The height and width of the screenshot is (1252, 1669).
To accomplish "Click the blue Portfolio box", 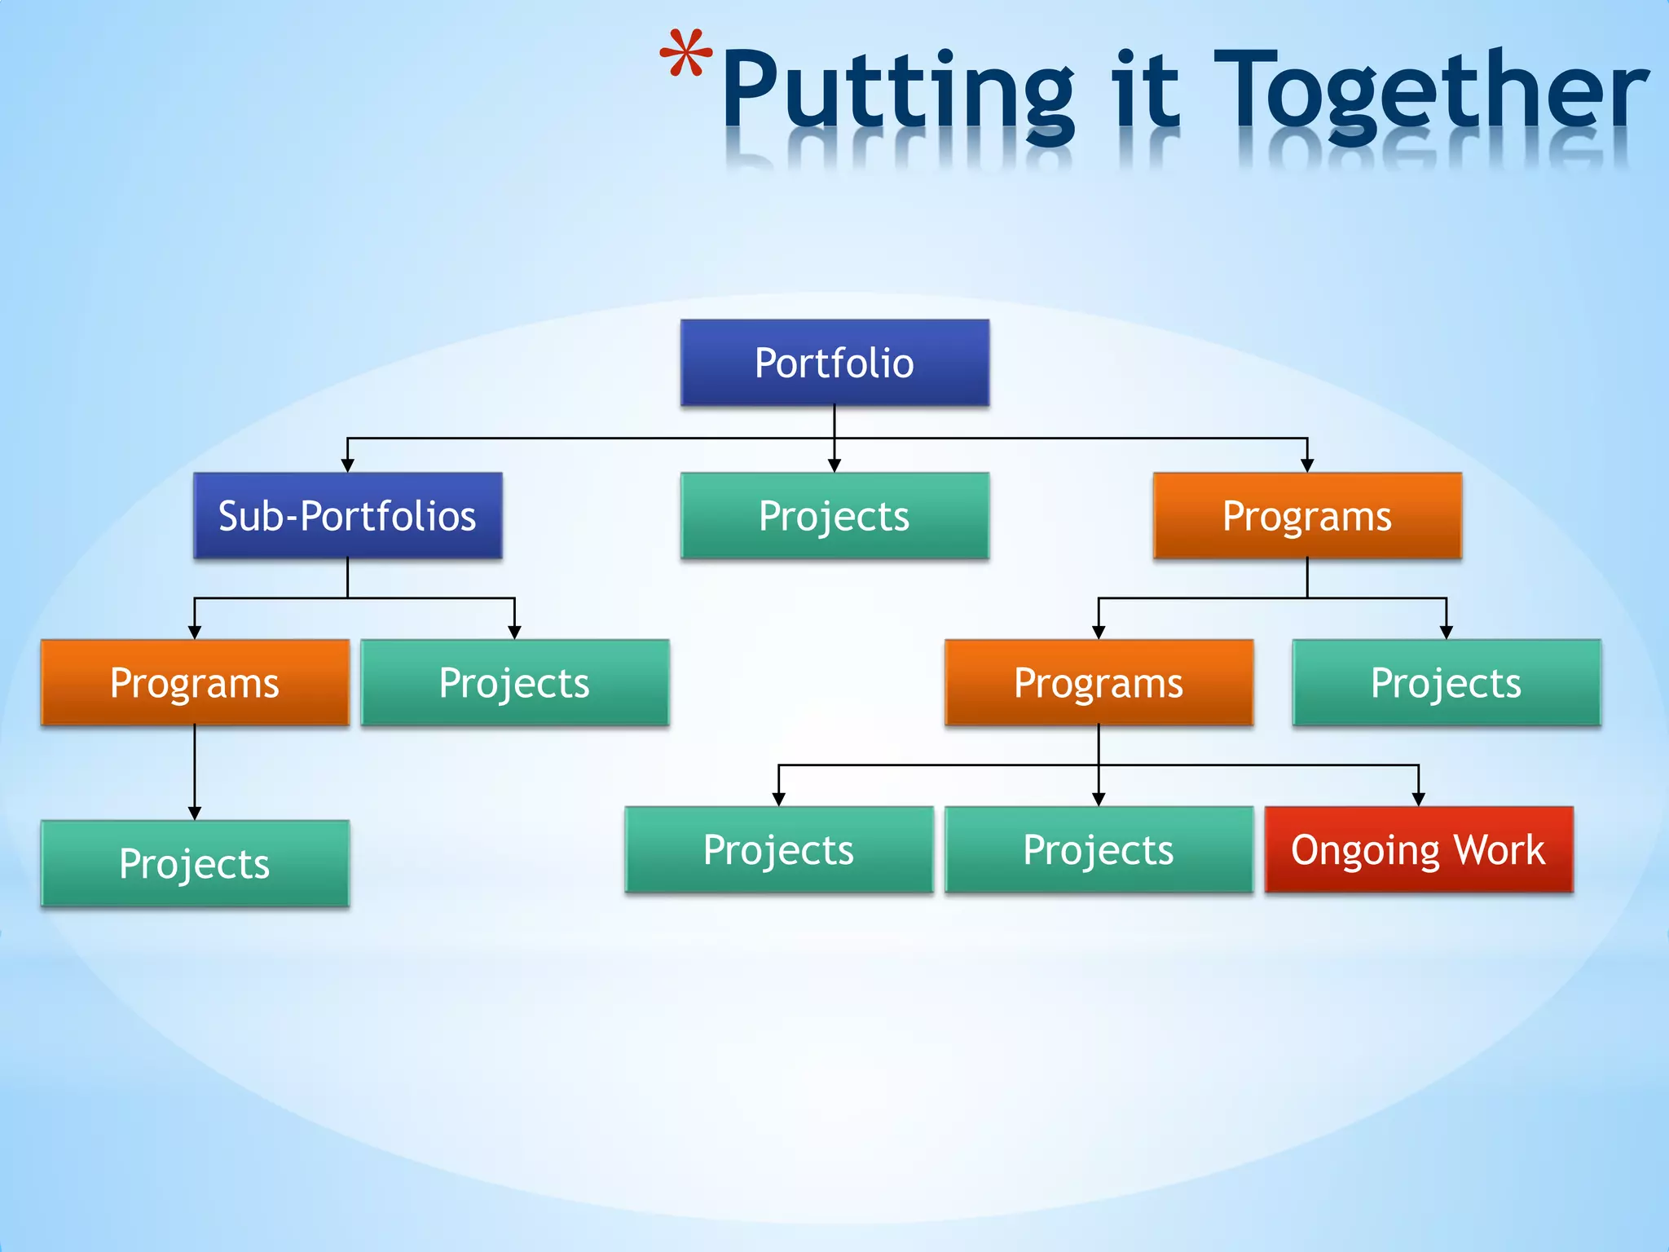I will coord(834,363).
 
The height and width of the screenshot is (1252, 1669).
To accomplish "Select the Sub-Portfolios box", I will coord(347,516).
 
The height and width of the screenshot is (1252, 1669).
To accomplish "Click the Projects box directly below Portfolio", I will coord(834,516).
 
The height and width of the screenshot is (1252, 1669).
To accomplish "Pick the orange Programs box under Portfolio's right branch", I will coord(1307,516).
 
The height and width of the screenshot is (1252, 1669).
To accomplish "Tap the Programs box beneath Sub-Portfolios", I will coord(195,683).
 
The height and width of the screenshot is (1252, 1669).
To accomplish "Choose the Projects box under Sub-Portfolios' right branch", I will coord(514,683).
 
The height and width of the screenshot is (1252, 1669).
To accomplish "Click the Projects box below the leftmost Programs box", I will coord(195,863).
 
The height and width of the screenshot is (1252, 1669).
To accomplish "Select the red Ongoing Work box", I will coord(1418,850).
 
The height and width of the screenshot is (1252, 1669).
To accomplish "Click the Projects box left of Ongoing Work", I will coord(1099,850).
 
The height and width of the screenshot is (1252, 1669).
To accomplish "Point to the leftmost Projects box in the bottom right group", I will coord(778,850).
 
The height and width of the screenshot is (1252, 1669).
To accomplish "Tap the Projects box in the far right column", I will coord(1446,683).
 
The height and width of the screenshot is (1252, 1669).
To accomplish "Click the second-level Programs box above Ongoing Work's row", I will coord(1099,683).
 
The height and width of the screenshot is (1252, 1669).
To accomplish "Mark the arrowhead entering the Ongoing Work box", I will coord(1418,800).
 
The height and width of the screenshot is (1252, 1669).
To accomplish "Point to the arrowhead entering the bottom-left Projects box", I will coord(195,813).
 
